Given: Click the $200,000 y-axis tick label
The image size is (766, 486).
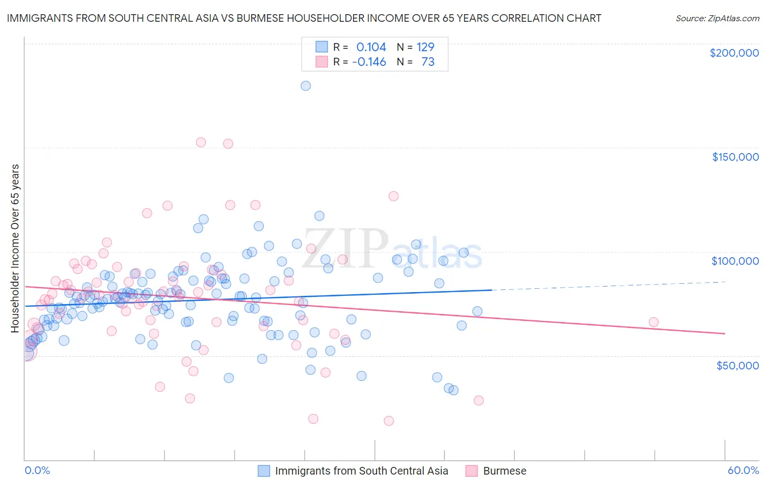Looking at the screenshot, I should click(734, 53).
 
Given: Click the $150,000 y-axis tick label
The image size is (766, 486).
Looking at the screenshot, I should click(735, 157).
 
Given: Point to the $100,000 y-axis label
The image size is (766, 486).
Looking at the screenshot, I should click(735, 261).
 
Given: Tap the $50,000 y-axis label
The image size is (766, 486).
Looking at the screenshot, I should click(737, 365).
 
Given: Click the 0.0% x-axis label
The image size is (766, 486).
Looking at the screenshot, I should click(37, 471).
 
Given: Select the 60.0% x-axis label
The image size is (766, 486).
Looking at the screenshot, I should click(743, 471).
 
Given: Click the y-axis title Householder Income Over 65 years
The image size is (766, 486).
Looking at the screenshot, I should click(15, 248).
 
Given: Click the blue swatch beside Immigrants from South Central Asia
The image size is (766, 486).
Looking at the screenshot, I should click(264, 471).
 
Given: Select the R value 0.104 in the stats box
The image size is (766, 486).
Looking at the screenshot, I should click(371, 47).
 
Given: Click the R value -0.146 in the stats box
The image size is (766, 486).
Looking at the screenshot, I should click(369, 62).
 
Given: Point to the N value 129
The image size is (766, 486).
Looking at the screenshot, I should click(425, 47).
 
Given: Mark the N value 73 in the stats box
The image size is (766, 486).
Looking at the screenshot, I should click(428, 62).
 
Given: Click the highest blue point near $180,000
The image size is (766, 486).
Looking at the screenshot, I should click(306, 86).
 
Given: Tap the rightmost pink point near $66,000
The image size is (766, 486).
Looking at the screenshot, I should click(654, 322).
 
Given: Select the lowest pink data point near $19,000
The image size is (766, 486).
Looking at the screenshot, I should click(388, 421).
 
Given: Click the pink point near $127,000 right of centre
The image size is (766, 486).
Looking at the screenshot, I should click(393, 196).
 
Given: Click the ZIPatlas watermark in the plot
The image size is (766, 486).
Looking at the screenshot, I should click(392, 250).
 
